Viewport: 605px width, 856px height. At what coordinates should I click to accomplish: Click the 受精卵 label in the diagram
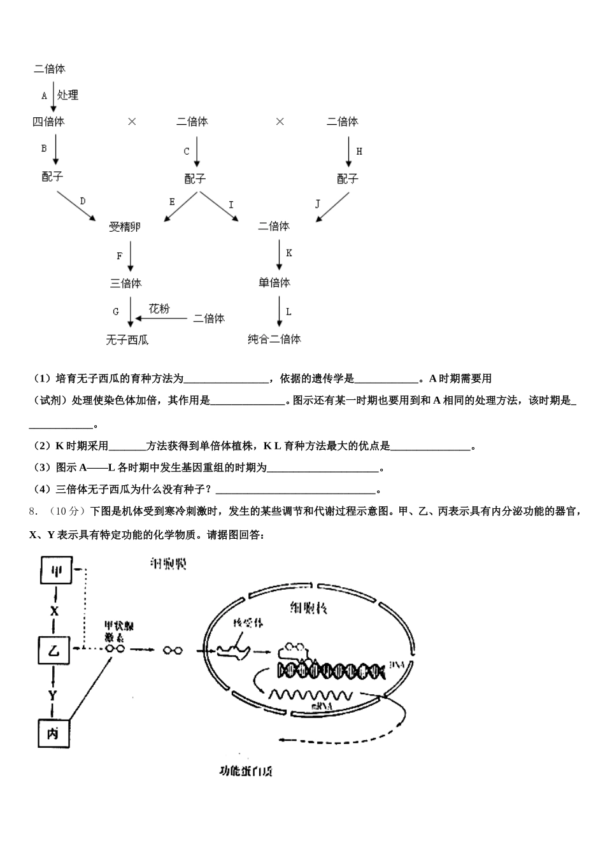coord(125,227)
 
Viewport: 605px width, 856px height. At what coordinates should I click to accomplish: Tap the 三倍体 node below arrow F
coord(125,283)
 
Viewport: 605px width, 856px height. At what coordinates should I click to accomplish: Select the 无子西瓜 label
coord(127,340)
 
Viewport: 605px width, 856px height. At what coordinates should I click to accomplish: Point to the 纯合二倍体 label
coord(274,339)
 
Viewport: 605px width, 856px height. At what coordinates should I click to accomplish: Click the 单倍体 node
coord(274,283)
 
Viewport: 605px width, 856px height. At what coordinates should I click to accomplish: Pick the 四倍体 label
coord(48,122)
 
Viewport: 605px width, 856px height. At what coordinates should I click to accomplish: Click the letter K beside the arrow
coord(288,253)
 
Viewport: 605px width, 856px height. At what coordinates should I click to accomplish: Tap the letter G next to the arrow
coord(116,312)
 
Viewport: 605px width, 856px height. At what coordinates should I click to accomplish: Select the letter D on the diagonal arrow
coord(83,201)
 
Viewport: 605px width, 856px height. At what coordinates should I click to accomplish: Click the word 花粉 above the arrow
coord(159,309)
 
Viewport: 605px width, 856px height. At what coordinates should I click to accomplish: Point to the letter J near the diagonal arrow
coord(318,204)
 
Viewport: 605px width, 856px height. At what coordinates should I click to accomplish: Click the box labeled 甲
coord(55,571)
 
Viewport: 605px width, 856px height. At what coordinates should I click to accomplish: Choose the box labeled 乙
coord(53,650)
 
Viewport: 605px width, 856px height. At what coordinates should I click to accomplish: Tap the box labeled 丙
coord(53,734)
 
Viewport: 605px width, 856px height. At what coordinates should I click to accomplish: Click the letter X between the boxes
coord(54,611)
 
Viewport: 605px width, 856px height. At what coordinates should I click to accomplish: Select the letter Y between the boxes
coord(53,694)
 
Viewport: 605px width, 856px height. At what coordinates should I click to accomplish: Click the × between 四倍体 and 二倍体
coord(132,122)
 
